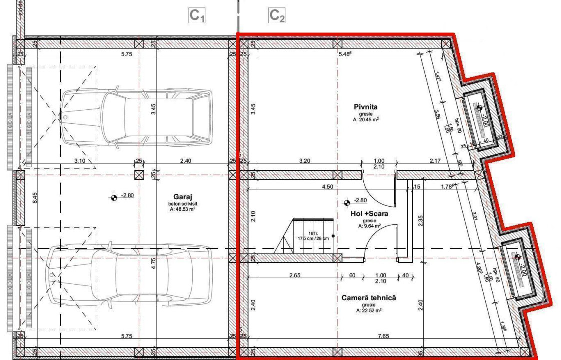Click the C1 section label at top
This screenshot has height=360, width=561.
[197, 16]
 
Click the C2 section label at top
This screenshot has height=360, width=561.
[277, 16]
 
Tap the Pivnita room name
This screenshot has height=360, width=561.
[365, 106]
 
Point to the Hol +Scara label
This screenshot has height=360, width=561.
[369, 213]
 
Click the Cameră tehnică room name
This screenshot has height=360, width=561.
[369, 298]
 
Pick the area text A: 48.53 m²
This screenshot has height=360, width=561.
[182, 209]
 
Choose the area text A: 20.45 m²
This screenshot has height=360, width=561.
[365, 119]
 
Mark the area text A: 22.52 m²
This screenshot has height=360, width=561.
[369, 310]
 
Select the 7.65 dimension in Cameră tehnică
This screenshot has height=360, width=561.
[384, 336]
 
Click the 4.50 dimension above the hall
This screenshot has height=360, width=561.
[328, 186]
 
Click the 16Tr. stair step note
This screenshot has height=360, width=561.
[313, 233]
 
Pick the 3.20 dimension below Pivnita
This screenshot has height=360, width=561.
[304, 161]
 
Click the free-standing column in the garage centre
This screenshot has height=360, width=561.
[139, 175]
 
